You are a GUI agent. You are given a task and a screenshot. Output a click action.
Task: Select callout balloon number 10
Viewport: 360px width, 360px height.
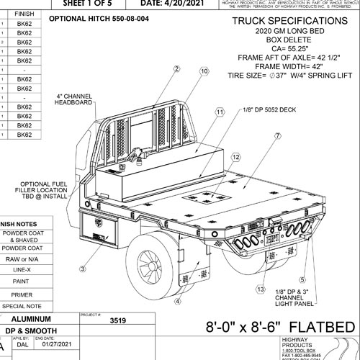point(204,71)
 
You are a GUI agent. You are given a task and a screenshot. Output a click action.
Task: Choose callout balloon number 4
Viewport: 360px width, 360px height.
point(177,301)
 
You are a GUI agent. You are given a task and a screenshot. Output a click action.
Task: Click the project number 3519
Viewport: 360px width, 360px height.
point(112,323)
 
